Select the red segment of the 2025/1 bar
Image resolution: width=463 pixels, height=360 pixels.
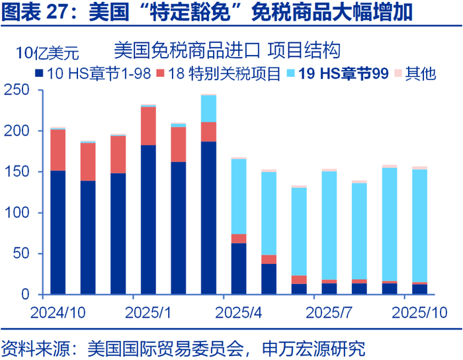148,126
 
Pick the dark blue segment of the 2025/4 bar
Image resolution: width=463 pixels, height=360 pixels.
239,269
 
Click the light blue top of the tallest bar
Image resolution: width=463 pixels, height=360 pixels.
208,109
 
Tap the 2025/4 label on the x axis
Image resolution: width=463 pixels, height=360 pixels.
239,311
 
